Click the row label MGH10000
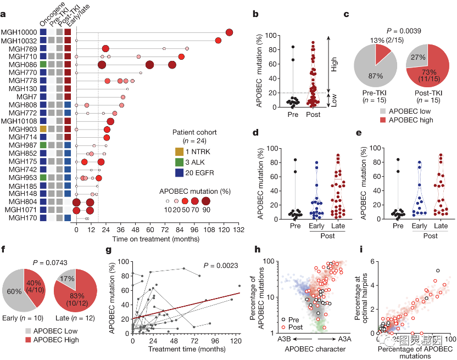19,33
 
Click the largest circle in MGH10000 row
229,33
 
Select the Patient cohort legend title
194,132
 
